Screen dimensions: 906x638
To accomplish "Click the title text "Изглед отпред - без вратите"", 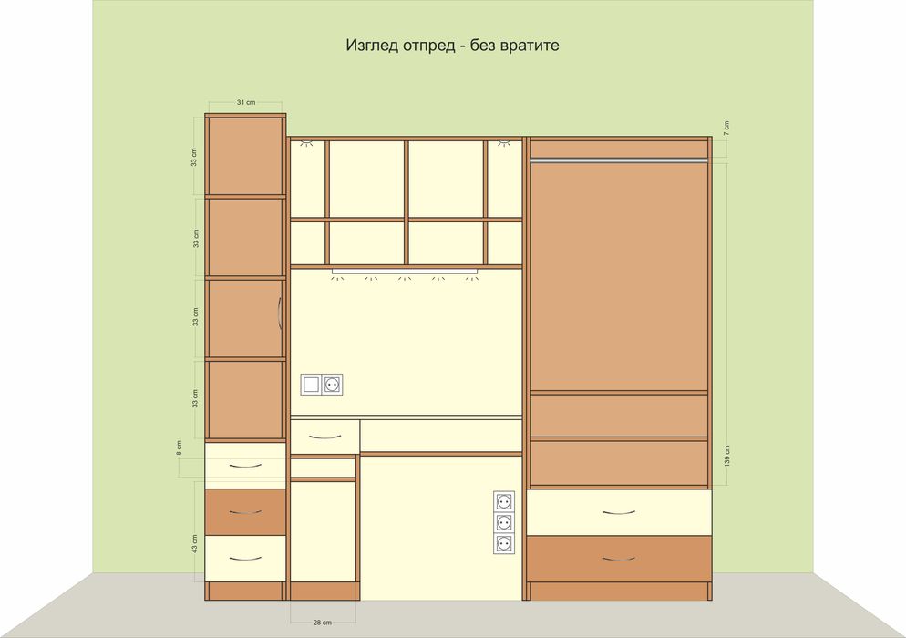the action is tap(452, 45).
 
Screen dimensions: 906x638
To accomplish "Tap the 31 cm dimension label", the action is tap(245, 102).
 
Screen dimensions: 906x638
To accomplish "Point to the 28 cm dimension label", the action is tap(323, 623).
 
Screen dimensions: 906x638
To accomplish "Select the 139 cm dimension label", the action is tap(726, 456).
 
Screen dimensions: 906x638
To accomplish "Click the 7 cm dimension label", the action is tap(726, 129).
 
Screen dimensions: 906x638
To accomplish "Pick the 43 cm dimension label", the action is tap(195, 544).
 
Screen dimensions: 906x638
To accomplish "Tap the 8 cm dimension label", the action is tap(180, 448).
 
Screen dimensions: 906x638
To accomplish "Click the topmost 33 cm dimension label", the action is tap(194, 157).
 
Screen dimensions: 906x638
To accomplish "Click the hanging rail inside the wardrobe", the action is tap(619, 160).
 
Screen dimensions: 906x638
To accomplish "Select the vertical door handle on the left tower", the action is tap(280, 314).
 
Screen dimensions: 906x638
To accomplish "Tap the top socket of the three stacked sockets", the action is tap(504, 501).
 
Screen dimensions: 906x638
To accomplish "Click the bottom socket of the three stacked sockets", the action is tap(504, 543).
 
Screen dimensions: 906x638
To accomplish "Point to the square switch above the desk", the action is tap(312, 385).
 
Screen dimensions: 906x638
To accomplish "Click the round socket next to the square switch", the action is tap(333, 385).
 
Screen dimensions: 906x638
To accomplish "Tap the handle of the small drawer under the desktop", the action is tap(324, 437).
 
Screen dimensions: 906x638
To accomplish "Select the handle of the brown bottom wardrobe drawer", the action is tap(619, 559).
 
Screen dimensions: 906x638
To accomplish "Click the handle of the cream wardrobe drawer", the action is tap(619, 512).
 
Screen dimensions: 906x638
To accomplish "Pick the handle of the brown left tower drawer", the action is tap(245, 512).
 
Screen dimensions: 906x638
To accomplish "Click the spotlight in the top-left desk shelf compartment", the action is tap(306, 142).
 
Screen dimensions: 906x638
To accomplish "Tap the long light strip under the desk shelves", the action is tap(405, 271).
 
